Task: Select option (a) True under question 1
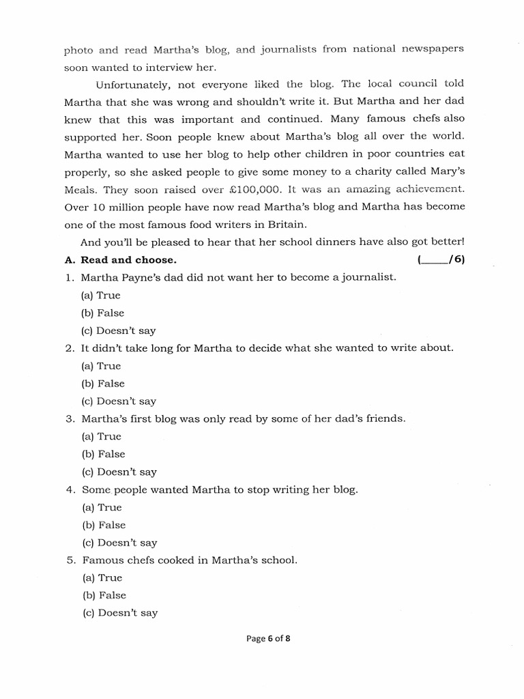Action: (100, 296)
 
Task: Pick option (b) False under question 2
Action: (103, 384)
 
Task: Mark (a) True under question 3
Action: (100, 437)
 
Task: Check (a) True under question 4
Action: (100, 508)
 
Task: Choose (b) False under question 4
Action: (103, 526)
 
